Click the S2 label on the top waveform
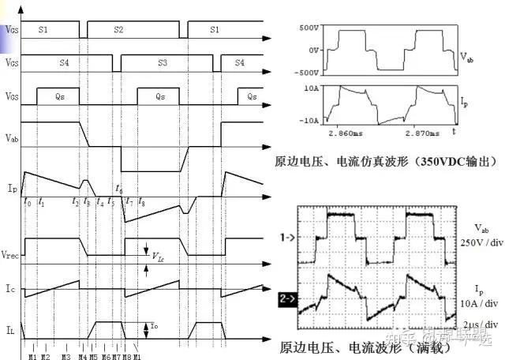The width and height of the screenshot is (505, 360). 118,28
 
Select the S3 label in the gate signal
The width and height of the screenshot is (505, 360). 163,61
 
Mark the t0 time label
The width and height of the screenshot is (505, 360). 28,203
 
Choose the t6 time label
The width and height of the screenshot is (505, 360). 119,189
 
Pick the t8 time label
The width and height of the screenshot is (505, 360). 141,203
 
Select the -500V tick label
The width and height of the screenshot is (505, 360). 306,72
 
